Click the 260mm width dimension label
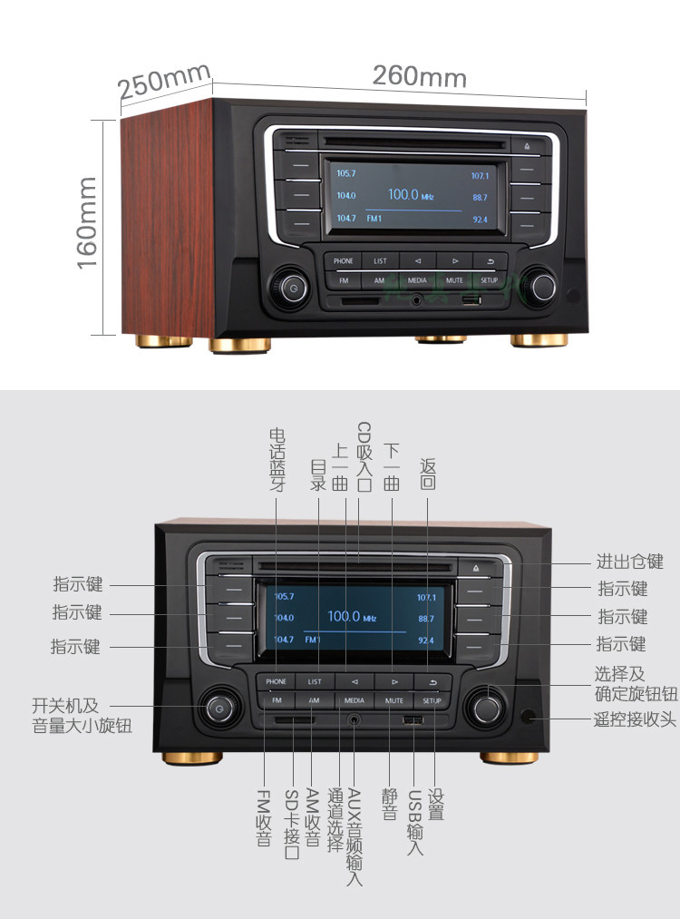419,76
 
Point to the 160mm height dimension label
87,222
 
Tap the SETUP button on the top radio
490,281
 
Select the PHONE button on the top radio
343,261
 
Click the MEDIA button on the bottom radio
354,700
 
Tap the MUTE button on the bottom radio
393,700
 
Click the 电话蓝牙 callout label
277,457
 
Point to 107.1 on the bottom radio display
426,598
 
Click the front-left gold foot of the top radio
239,345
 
